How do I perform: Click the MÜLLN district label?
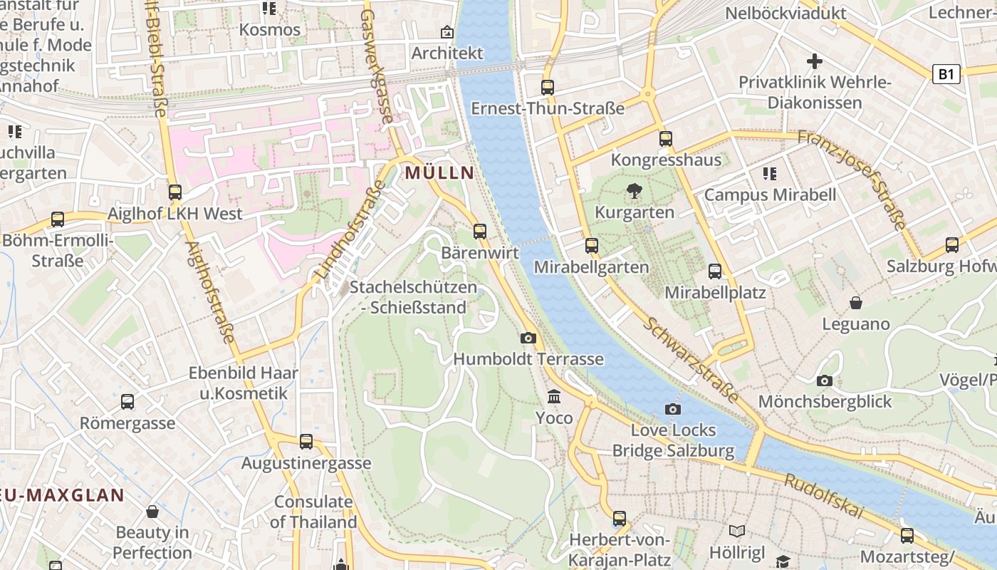(x=439, y=172)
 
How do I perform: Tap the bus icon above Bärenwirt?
(x=480, y=231)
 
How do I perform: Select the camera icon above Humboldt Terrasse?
(x=528, y=338)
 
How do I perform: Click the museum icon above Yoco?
(x=554, y=396)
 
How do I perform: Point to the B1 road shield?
(x=946, y=73)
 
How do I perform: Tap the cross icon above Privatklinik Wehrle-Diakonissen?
(x=815, y=61)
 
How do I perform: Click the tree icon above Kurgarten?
(x=634, y=191)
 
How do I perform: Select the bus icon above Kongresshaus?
(x=666, y=139)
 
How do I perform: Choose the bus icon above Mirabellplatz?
(x=715, y=271)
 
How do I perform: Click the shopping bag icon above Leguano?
(x=856, y=303)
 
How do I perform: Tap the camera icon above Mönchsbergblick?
(x=825, y=380)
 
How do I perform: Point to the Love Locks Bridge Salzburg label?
(x=673, y=440)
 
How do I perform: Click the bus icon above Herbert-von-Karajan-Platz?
(x=620, y=519)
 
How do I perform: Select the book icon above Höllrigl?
(x=737, y=531)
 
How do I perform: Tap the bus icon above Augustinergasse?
(x=306, y=442)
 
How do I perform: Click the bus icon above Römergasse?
(x=127, y=402)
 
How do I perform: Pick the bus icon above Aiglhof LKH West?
(x=175, y=192)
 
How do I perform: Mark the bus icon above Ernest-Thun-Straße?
(x=548, y=88)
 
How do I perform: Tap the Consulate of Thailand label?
(x=313, y=512)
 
